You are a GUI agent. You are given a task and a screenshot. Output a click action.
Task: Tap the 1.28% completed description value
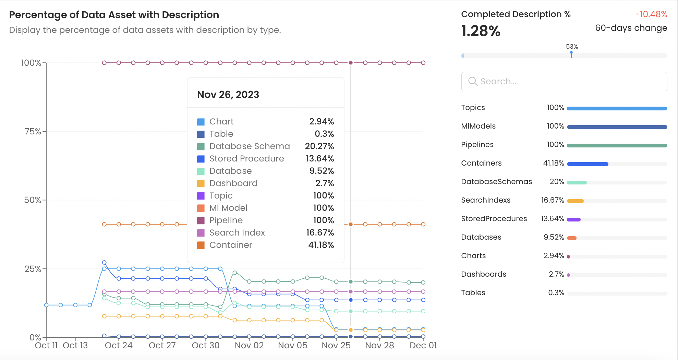[481, 31]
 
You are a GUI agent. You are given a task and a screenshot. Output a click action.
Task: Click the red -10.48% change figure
[651, 14]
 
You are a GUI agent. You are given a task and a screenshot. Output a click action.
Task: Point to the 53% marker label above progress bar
[572, 47]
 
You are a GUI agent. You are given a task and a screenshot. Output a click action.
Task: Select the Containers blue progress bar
[588, 164]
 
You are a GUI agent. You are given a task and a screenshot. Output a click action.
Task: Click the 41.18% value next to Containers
[553, 163]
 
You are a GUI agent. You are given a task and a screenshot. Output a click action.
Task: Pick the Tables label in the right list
[473, 293]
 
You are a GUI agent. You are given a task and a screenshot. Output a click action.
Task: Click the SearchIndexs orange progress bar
[575, 201]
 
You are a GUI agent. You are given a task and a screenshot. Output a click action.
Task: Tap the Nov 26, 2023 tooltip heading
[228, 95]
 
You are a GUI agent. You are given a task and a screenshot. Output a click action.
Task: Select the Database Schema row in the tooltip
[250, 146]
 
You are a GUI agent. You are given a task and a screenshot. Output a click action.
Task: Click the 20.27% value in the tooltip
[319, 146]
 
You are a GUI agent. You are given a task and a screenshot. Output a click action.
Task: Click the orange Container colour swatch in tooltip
[201, 245]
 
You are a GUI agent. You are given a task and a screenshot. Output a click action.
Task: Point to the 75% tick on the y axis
[33, 131]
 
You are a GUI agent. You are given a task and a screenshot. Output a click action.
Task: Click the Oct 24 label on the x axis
[119, 346]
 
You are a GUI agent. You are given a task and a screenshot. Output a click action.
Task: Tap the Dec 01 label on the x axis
[423, 346]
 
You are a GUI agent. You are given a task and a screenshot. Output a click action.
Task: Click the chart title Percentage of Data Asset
[114, 15]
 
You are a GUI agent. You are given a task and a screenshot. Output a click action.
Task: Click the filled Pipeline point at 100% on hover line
[351, 63]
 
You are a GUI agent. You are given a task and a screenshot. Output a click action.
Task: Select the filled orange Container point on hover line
[351, 224]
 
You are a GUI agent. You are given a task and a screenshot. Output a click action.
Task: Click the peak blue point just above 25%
[104, 263]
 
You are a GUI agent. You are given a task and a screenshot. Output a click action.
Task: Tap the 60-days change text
[631, 28]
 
